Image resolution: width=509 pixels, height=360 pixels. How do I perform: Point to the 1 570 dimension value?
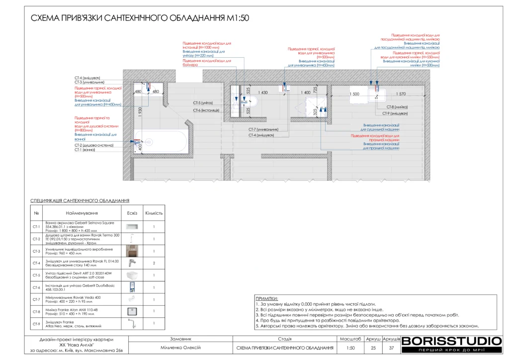click(x=401, y=93)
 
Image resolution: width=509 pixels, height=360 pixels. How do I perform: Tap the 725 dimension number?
click(x=315, y=90)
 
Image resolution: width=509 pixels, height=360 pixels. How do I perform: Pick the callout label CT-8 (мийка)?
click(x=398, y=107)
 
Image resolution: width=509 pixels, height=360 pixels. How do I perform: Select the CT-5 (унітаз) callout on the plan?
click(x=203, y=103)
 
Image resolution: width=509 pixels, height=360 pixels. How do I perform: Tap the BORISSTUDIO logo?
click(x=451, y=341)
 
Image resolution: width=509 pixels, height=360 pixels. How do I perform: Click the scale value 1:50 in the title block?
click(x=350, y=348)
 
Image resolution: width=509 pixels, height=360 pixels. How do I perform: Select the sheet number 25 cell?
click(x=373, y=348)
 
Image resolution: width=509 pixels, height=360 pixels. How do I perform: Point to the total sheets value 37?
click(x=391, y=348)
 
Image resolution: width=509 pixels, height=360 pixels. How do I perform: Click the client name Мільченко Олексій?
click(x=180, y=348)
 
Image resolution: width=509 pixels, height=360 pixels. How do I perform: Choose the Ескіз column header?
click(x=132, y=213)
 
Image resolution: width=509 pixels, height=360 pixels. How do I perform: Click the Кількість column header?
click(x=154, y=213)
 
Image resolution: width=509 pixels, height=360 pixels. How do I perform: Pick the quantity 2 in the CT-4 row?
click(x=154, y=263)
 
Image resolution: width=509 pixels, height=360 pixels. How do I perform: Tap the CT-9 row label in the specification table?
click(x=36, y=324)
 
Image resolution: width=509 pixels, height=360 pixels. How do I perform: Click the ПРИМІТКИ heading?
click(x=267, y=298)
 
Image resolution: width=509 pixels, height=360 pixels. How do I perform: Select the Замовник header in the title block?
click(x=180, y=339)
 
